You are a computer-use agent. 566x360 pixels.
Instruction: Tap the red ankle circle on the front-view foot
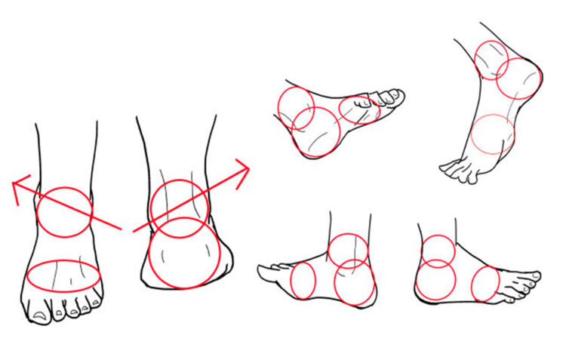[x=65, y=212]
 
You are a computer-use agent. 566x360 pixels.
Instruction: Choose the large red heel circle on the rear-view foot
[x=183, y=253]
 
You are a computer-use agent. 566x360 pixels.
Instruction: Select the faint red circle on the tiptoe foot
[x=492, y=135]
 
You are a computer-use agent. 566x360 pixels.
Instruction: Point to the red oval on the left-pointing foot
[x=303, y=280]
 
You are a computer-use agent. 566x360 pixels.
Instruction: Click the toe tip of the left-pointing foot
[x=262, y=268]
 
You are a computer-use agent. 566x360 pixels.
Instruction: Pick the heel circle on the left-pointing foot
[x=354, y=282]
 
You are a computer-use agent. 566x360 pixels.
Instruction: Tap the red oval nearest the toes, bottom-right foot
[x=485, y=285]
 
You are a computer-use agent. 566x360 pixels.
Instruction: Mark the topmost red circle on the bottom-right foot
[x=437, y=251]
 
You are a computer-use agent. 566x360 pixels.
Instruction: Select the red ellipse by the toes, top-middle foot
[x=359, y=109]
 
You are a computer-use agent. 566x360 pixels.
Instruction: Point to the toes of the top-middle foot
[x=390, y=97]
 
